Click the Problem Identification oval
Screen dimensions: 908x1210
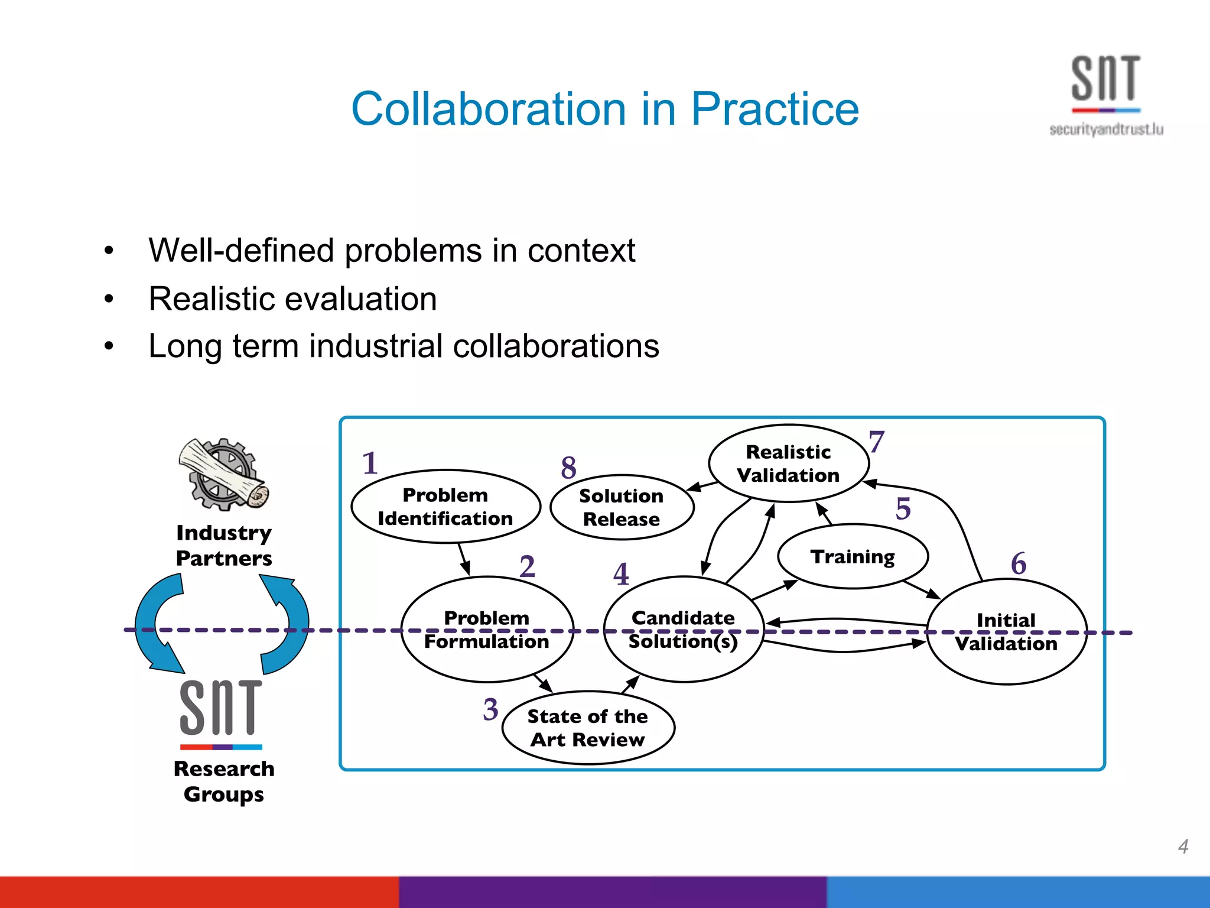(x=445, y=507)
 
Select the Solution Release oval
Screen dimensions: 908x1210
(x=621, y=507)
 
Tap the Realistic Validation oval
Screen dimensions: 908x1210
(x=788, y=463)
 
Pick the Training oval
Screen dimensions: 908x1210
(x=853, y=556)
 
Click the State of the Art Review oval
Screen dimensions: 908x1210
(x=588, y=728)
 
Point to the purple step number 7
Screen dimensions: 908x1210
(x=876, y=442)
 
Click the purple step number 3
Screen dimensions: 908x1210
(x=490, y=709)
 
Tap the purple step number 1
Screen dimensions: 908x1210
(x=370, y=463)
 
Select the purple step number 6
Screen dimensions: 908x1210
(x=1019, y=563)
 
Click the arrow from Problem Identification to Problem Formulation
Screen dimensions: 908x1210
(x=464, y=559)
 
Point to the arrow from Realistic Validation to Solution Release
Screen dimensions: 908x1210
(x=703, y=487)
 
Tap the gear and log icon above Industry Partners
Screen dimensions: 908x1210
(x=223, y=474)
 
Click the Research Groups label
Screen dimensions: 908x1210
(x=224, y=781)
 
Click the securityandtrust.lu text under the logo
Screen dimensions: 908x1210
(x=1106, y=129)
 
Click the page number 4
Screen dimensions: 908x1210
(x=1183, y=846)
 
